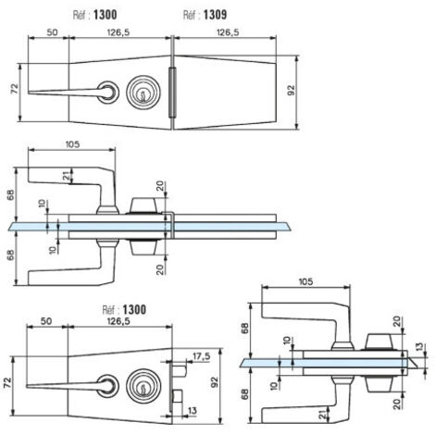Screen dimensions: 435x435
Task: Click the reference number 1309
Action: (215, 15)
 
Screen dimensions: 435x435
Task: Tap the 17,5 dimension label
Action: (202, 356)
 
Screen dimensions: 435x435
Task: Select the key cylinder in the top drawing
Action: (143, 93)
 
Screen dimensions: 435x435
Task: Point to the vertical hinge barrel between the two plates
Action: (172, 93)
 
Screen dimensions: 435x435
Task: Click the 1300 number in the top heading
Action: (106, 15)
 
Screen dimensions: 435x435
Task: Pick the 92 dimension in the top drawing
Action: (291, 91)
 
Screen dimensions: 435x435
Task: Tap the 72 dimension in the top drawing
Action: (15, 89)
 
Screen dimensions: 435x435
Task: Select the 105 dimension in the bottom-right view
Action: (305, 281)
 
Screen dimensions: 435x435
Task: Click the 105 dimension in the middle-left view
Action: (72, 144)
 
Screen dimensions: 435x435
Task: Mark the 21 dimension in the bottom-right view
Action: (323, 415)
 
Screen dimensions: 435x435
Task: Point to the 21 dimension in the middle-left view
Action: (66, 176)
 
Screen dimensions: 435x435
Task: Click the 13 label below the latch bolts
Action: (192, 411)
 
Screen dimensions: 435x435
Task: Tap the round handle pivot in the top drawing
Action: (108, 93)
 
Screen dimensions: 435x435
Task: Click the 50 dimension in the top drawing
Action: (52, 32)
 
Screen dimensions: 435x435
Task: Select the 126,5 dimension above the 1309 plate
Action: (228, 32)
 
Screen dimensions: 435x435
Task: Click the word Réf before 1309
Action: (190, 15)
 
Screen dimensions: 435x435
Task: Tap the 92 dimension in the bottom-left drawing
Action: (215, 382)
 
